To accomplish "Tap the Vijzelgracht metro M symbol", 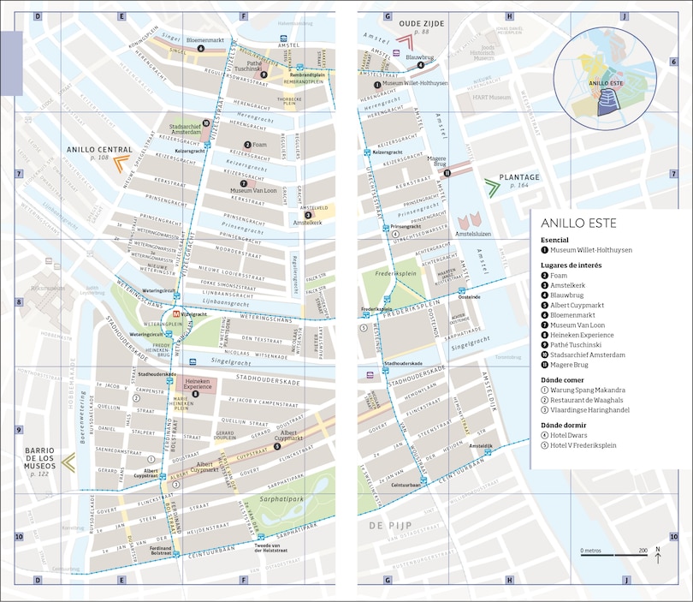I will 176,314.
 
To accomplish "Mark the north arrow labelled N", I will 657,555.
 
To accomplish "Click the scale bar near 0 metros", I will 613,556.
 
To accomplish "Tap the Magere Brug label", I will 437,161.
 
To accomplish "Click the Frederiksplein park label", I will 395,276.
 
